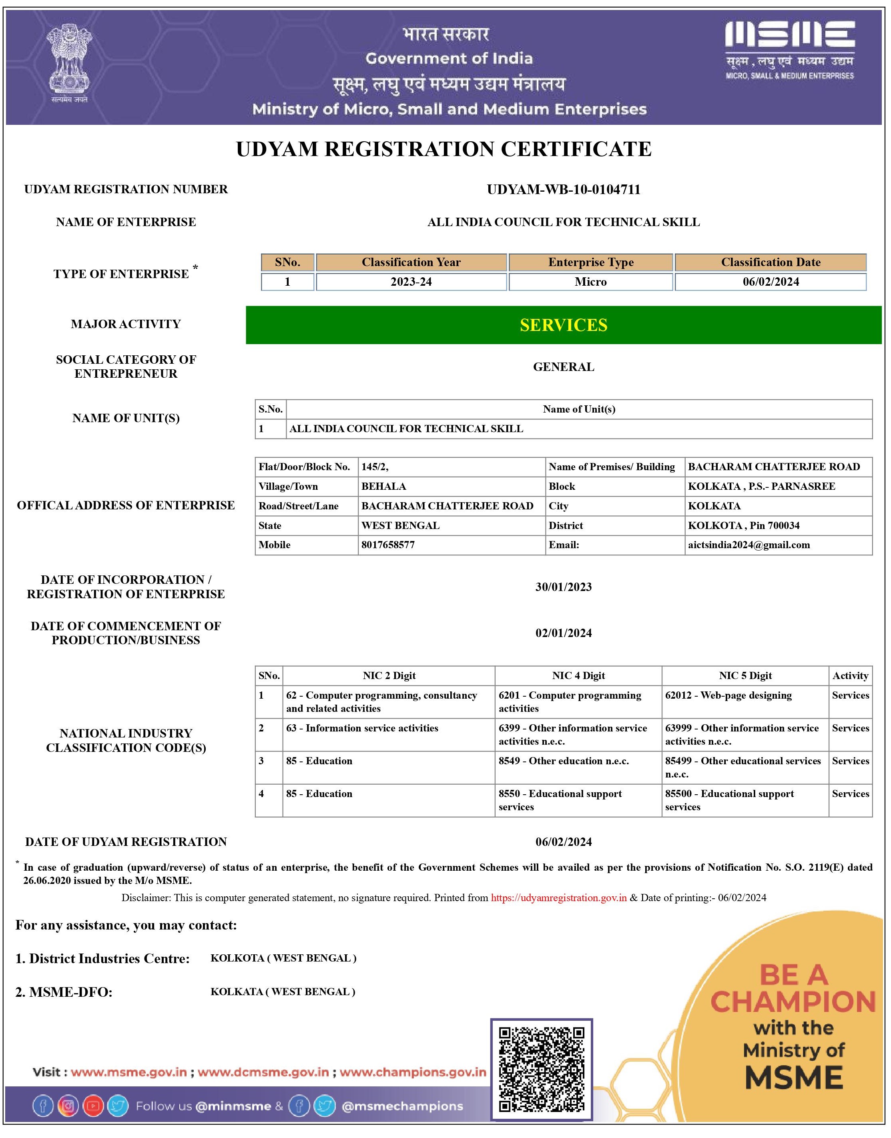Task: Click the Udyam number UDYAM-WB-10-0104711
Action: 564,189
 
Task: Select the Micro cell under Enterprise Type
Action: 590,282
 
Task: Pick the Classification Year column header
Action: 411,262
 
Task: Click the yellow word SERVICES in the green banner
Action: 564,325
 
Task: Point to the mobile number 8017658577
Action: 388,545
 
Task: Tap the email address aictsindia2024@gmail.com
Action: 749,545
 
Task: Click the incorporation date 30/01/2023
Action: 564,587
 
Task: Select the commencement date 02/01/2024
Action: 564,633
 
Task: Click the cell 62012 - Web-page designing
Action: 728,695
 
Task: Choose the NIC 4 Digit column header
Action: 578,676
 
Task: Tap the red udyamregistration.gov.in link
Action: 559,898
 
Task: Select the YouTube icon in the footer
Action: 93,1106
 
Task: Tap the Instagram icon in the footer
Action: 68,1106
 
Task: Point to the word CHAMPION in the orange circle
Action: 793,1002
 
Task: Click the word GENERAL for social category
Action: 564,367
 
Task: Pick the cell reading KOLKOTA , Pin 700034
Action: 743,525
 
